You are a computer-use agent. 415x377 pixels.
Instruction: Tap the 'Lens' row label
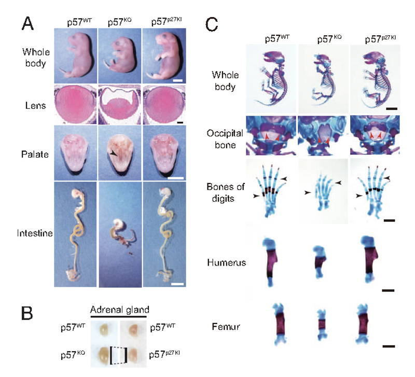[35, 105]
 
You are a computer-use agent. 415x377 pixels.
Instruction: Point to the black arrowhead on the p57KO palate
[113, 152]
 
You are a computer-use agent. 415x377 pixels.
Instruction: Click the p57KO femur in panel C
[322, 326]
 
